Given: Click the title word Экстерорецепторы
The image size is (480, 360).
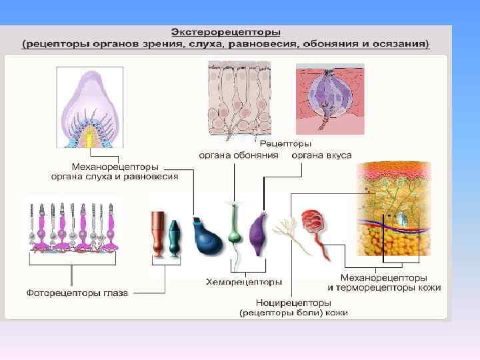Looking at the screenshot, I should tap(225, 31).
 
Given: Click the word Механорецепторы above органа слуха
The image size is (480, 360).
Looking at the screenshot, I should tap(115, 167).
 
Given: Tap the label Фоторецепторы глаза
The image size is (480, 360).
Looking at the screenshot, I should tap(77, 293).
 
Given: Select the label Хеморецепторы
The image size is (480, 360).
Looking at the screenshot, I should tap(243, 282).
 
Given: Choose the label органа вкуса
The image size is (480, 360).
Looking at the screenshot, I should tap(321, 155).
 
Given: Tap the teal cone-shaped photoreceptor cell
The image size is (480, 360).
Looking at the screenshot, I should tap(174, 237).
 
